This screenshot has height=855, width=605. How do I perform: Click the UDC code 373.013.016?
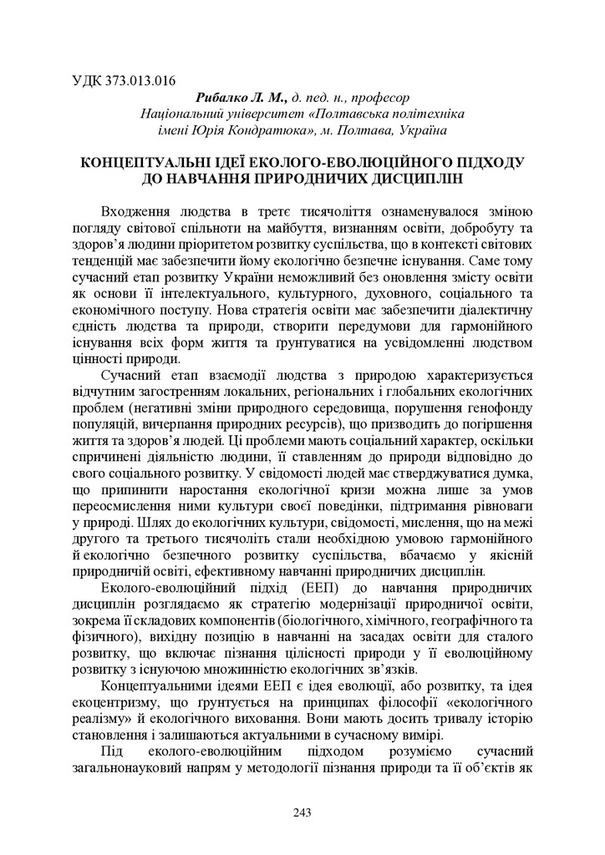point(134,82)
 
